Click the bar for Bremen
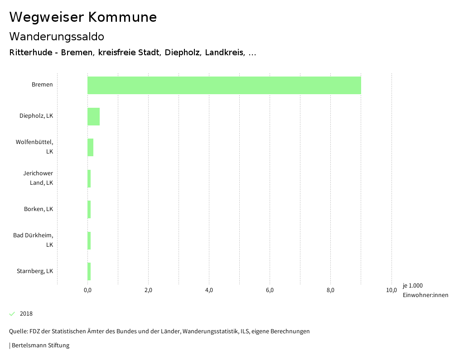[224, 85]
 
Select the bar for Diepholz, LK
[93, 116]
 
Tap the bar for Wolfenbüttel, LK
[90, 148]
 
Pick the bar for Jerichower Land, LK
[89, 178]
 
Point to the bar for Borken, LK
[89, 209]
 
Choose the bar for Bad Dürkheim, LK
[89, 240]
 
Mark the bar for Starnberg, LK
[89, 271]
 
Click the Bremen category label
[42, 85]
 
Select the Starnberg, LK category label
[35, 271]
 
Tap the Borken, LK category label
[39, 209]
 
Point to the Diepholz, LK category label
[36, 116]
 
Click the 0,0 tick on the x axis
[87, 290]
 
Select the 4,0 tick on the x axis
[209, 290]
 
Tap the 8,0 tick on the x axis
[330, 290]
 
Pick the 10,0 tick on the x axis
[391, 290]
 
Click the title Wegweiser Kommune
[83, 17]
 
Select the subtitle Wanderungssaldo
[57, 37]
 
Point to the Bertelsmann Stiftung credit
[39, 346]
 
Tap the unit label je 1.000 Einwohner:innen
[425, 290]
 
